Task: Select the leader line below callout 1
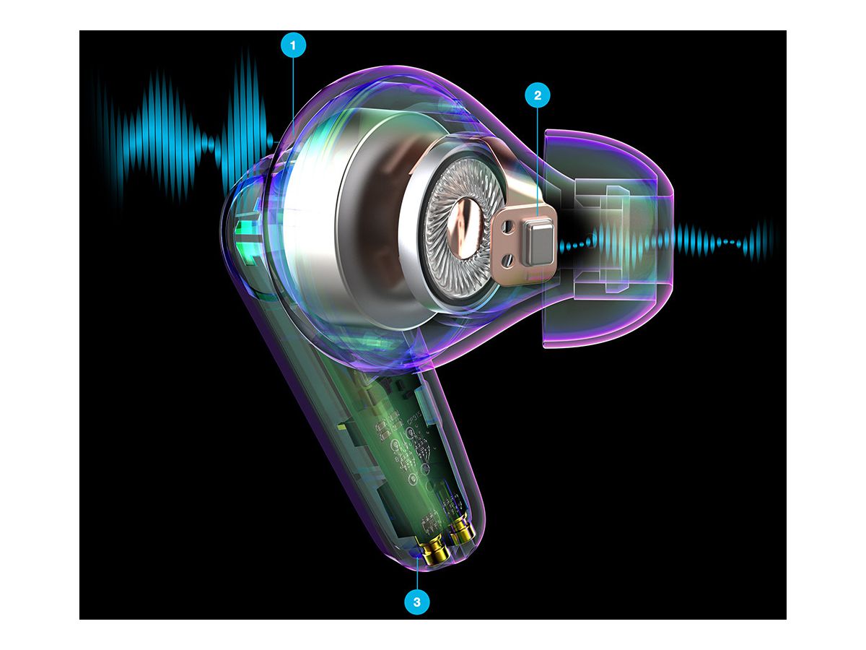pos(293,87)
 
